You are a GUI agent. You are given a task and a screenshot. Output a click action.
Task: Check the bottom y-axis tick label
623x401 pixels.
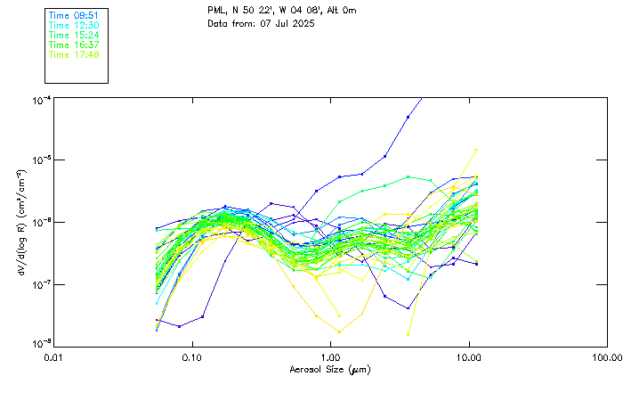coord(42,343)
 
